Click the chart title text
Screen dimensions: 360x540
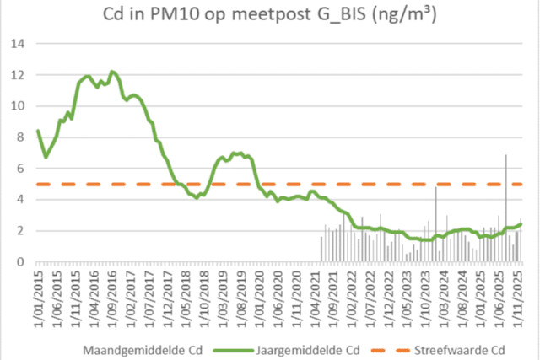click(270, 16)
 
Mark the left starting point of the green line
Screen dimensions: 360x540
click(38, 131)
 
